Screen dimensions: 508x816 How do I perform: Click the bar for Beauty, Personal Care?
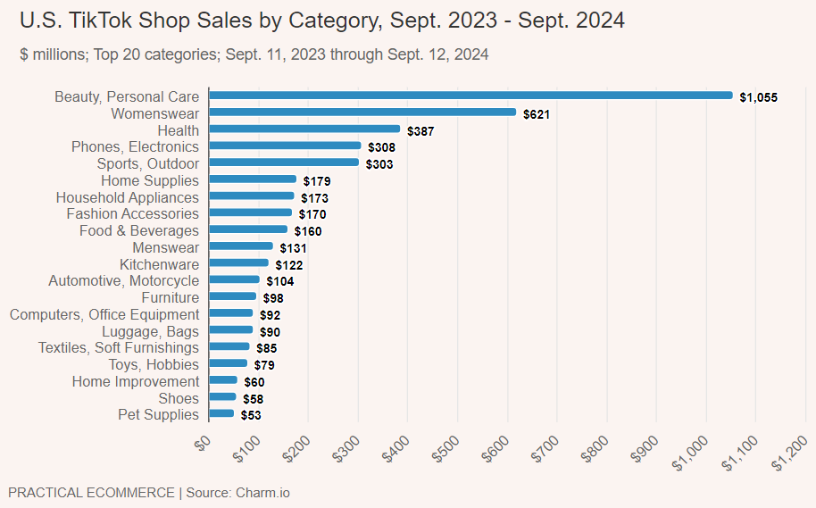coord(470,96)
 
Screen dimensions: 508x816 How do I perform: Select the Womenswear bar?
coord(362,112)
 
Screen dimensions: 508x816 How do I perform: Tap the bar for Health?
coord(304,129)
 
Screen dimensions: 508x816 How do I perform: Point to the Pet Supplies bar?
coord(221,414)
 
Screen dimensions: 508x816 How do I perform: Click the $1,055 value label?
coord(759,97)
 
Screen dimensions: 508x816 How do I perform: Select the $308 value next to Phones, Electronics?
coord(381,147)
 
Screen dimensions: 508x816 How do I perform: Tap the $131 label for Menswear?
coord(294,248)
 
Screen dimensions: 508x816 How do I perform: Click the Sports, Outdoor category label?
coord(147,163)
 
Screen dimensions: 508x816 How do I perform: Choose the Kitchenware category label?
coord(159,264)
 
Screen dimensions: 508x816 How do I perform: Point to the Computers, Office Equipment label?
coord(104,314)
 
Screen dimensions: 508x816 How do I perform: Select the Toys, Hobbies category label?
coord(154,364)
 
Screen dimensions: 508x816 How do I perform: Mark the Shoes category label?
coord(179,398)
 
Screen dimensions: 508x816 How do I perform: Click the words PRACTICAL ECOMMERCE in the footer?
coord(91,493)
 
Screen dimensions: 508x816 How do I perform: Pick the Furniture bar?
coord(232,296)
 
